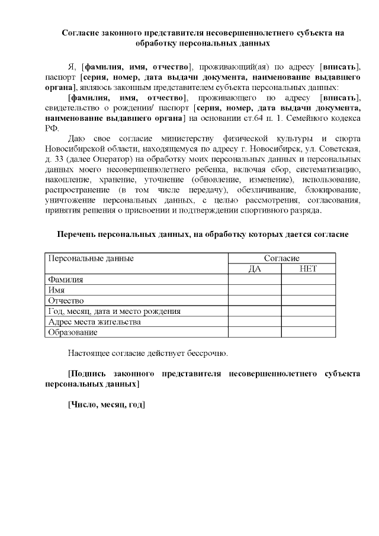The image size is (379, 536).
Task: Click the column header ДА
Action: [255, 268]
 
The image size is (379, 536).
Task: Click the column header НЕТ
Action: [309, 268]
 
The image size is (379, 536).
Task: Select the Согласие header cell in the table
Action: [281, 258]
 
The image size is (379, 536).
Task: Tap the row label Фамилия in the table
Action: [66, 280]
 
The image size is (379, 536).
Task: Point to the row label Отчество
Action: [66, 301]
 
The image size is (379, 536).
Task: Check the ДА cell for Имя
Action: [255, 290]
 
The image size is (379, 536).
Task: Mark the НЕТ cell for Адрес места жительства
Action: [309, 322]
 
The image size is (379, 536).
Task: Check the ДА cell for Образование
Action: [255, 333]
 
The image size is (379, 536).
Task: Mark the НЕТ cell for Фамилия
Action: [309, 280]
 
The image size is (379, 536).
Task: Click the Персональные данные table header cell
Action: [91, 258]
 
